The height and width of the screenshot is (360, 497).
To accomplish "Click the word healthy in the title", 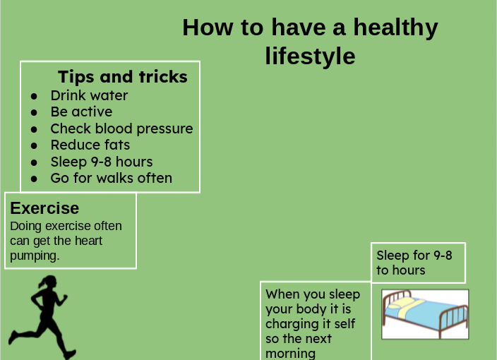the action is [395, 28].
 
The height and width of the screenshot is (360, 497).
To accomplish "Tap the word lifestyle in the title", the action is [310, 56].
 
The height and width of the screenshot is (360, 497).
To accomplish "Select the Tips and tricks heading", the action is [123, 77].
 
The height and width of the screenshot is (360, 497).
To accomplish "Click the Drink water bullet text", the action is [89, 95].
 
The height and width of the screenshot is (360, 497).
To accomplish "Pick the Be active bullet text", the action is [81, 112].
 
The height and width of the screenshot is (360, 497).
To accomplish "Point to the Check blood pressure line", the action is [121, 128].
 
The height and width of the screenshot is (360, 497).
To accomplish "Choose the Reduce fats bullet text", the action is [90, 145].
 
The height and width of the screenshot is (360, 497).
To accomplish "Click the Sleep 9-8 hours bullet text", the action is [102, 162].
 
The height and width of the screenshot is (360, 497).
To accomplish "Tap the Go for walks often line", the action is [112, 178].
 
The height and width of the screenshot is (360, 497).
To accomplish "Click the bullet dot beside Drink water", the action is [34, 96].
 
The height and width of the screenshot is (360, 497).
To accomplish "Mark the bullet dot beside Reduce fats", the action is [34, 146].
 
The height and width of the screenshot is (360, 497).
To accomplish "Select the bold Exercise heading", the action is [44, 208].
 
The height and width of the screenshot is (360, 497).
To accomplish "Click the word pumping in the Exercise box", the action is [35, 256].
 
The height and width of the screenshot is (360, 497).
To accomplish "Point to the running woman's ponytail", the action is [42, 282].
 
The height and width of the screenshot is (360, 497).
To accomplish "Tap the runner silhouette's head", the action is [50, 282].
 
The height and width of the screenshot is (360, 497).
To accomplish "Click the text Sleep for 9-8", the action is [414, 256].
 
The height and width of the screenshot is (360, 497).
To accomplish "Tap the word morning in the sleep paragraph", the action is [291, 354].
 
